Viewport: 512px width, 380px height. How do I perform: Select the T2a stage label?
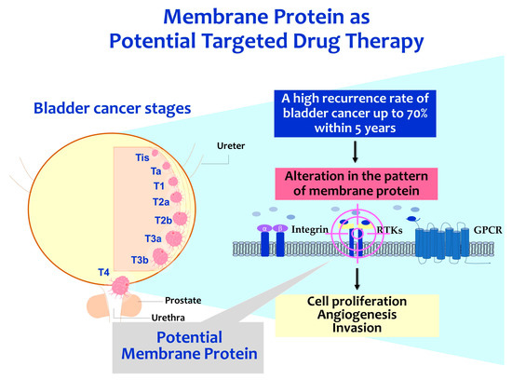pyautogui.click(x=161, y=201)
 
